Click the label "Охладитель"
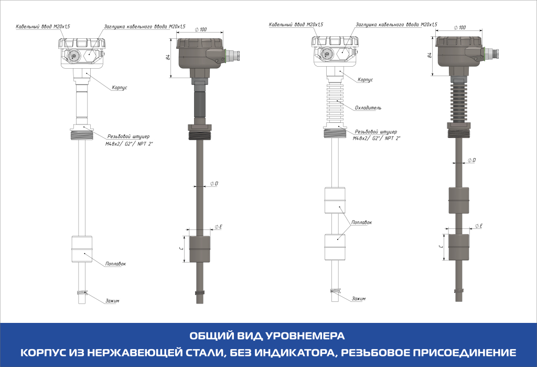pyautogui.click(x=368, y=108)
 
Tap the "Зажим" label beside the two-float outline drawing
pyautogui.click(x=359, y=298)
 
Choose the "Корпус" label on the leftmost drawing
pyautogui.click(x=119, y=88)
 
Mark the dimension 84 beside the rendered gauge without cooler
pyautogui.click(x=168, y=58)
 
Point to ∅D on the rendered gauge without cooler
pyautogui.click(x=213, y=183)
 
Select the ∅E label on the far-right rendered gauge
pyautogui.click(x=478, y=226)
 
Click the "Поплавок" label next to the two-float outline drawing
pyautogui.click(x=362, y=223)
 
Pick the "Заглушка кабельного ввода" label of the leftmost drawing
pyautogui.click(x=145, y=26)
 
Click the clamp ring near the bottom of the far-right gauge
pyautogui.click(x=458, y=290)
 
